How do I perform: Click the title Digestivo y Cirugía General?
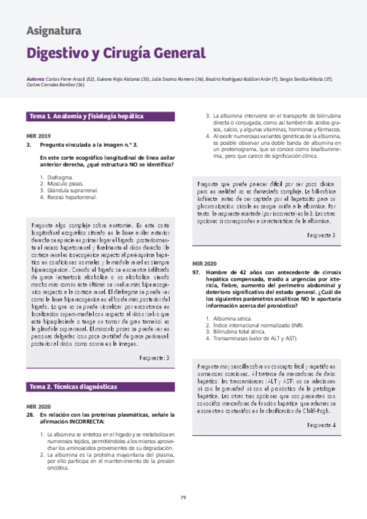pyautogui.click(x=115, y=53)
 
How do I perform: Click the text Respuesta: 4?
pyautogui.click(x=322, y=408)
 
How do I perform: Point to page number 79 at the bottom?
pyautogui.click(x=183, y=496)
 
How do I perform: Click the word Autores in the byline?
pyautogui.click(x=36, y=80)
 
